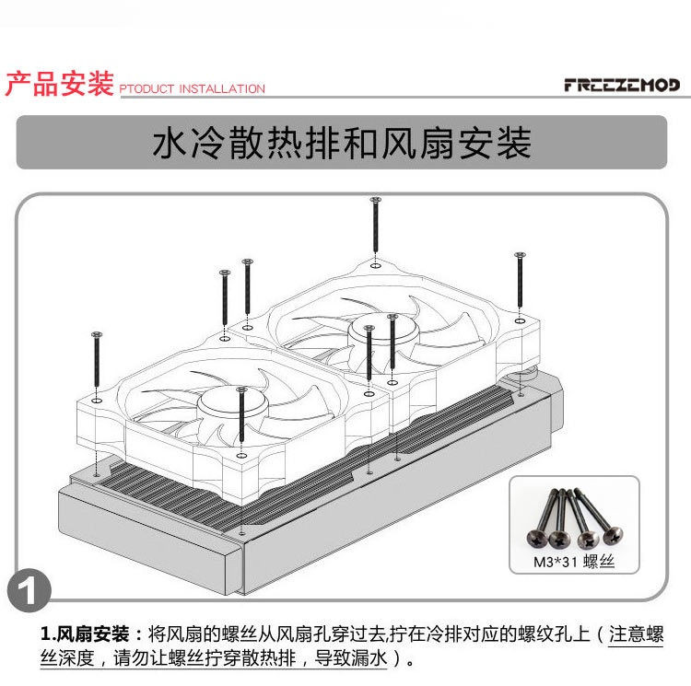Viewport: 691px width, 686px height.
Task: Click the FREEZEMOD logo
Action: [x=621, y=86]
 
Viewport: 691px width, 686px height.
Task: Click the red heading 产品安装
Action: [x=60, y=83]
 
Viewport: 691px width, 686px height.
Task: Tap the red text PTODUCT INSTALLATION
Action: [x=193, y=89]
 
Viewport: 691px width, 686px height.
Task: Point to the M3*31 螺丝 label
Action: [x=573, y=562]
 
